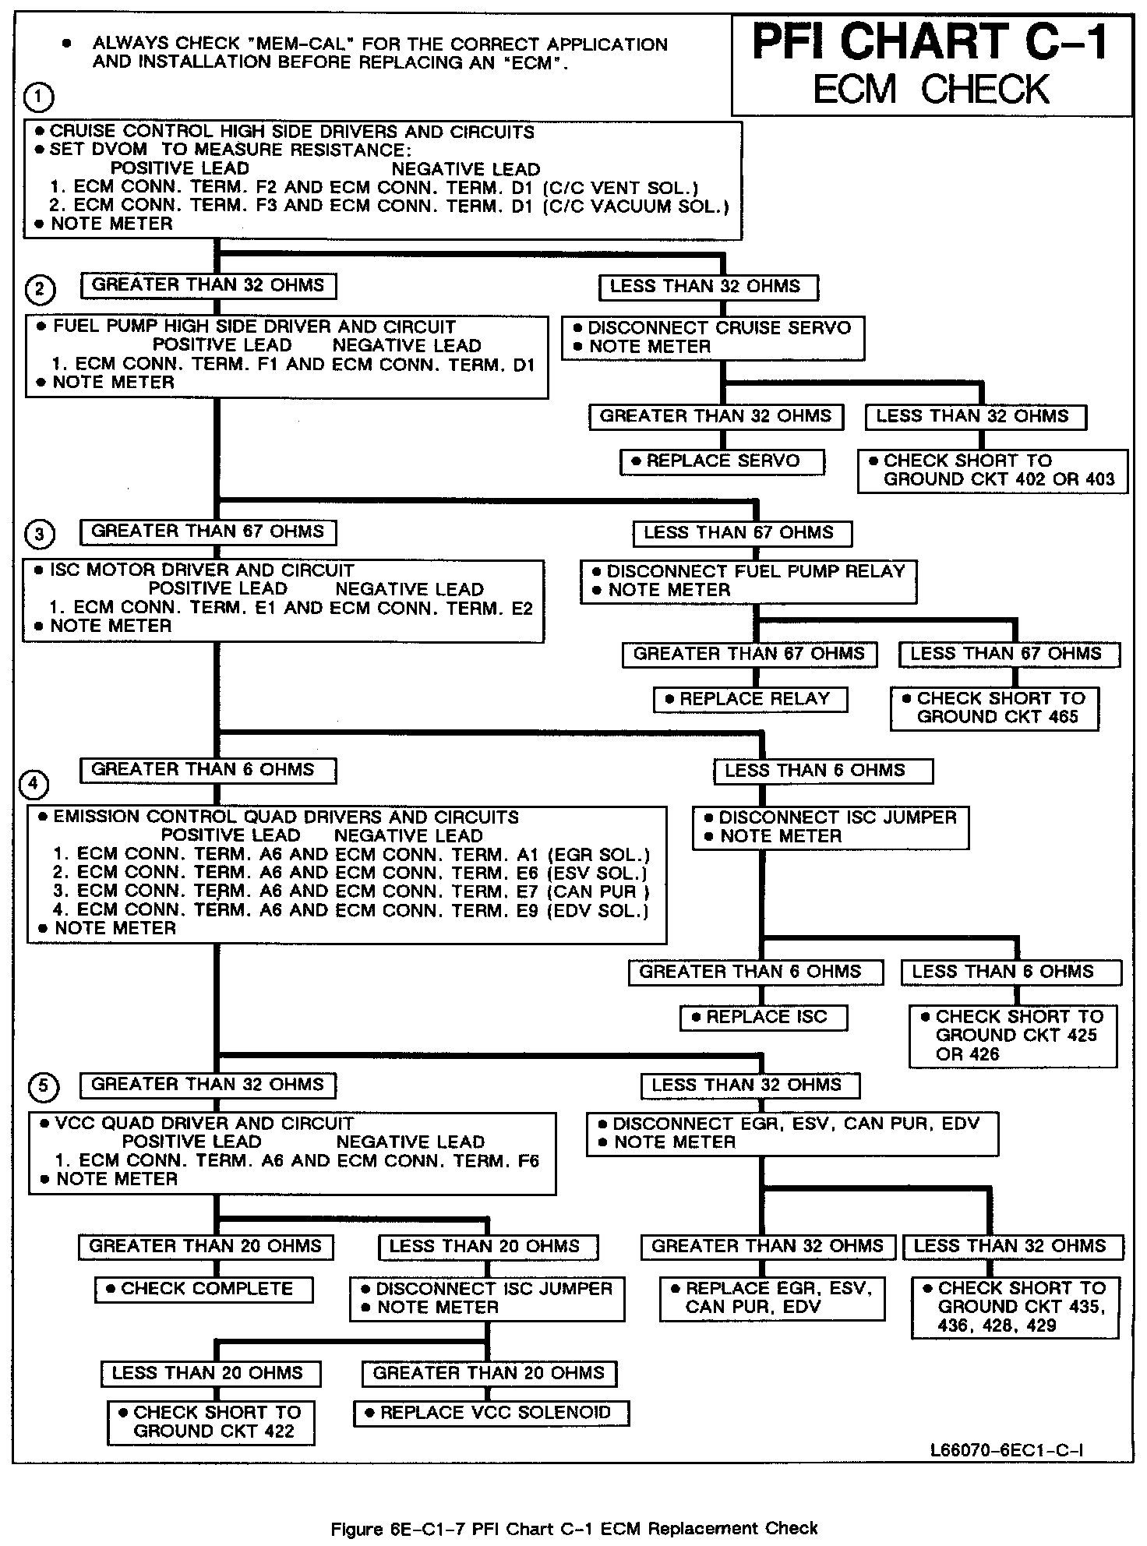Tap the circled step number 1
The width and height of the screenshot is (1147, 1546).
coord(39,97)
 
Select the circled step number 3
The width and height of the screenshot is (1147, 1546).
coord(40,535)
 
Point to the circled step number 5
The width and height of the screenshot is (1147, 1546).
coord(44,1086)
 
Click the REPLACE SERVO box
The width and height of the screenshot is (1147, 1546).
coord(722,461)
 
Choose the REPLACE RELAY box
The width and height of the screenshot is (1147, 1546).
coord(750,699)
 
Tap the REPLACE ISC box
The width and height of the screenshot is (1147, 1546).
coord(764,1018)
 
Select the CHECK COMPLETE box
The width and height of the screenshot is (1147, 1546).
coord(204,1289)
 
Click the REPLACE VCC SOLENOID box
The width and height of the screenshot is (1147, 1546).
coord(492,1413)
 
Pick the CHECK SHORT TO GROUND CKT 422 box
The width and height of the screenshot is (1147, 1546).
coord(211,1422)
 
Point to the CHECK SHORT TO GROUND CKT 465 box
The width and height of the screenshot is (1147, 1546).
coord(995,708)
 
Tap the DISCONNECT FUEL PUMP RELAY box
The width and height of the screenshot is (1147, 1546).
coord(749,581)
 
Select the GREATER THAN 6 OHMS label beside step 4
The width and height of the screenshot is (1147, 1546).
coord(208,770)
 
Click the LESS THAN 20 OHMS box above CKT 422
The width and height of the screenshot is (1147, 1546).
coord(210,1373)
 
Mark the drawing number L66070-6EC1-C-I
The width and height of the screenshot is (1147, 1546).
coord(1006,1450)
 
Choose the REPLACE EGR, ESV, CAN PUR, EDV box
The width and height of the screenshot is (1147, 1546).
coord(772,1298)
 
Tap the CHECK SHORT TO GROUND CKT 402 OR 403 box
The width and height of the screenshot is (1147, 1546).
coord(993,470)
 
